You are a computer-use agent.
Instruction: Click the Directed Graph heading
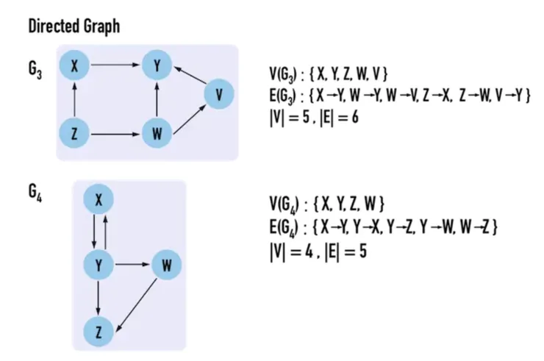coord(74,26)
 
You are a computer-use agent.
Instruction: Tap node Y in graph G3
coord(157,65)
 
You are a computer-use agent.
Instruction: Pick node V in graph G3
coord(218,94)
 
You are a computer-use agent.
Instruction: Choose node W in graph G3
coord(157,134)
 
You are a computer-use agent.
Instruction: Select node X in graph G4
coord(99,199)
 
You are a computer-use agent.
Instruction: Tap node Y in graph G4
coord(99,265)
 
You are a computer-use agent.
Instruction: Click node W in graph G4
coord(167,265)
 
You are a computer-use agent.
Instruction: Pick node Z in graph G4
coord(99,332)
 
